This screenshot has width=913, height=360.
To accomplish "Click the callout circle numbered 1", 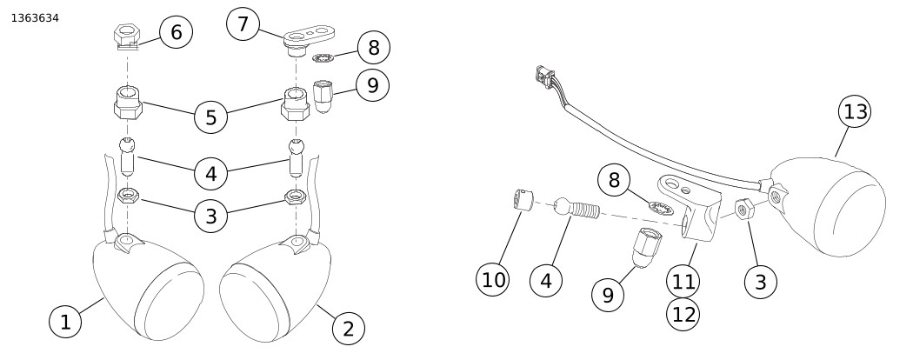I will (65, 323).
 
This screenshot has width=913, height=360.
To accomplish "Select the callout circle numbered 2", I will (348, 328).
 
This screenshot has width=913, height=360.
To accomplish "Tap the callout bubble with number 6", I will (177, 33).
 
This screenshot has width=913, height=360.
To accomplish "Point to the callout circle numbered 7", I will (243, 24).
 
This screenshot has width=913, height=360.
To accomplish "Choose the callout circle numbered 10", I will (494, 280).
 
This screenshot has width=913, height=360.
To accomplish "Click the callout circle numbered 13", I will (856, 112).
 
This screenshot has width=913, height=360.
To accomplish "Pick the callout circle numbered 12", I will (684, 314).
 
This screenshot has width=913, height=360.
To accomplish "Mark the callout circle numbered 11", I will (684, 281).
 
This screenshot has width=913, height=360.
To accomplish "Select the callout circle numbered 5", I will (211, 116).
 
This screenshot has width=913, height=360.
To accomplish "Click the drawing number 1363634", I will (35, 17).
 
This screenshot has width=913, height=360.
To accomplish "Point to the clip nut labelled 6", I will (127, 37).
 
